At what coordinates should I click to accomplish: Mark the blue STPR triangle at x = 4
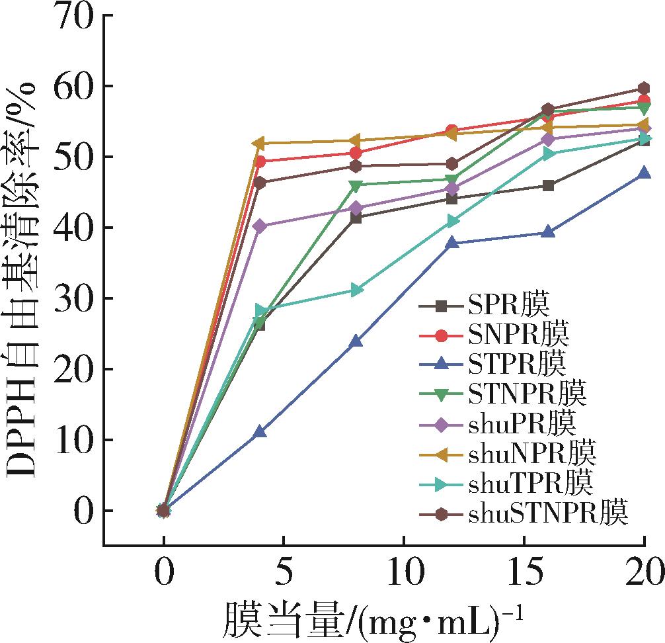pos(260,432)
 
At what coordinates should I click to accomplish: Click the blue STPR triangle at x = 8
pos(356,341)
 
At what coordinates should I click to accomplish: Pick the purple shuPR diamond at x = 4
pos(260,226)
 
